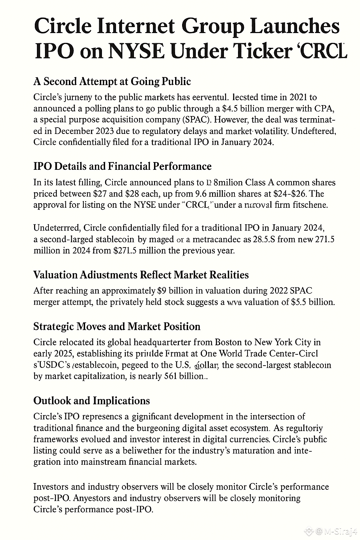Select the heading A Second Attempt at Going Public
click(112, 81)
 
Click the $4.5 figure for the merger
click(233, 108)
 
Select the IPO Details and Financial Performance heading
click(122, 166)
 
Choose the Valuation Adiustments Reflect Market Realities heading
click(141, 275)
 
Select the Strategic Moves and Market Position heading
click(117, 326)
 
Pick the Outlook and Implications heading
click(91, 400)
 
